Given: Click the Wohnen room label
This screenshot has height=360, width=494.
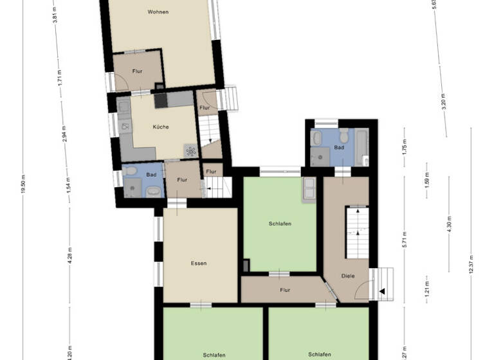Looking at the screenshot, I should point(158,12).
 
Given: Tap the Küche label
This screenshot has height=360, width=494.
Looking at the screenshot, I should point(161,127).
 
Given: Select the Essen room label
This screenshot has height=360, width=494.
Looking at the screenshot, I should point(199,263).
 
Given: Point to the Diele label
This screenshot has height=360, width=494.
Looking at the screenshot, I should point(347,276).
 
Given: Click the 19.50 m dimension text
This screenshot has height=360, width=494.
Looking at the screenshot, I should point(23,184).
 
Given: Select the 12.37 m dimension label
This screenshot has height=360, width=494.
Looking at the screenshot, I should point(471,264).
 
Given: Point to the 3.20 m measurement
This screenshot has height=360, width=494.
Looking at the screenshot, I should point(444,102).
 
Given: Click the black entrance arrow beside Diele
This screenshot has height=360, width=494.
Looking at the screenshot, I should point(381,291).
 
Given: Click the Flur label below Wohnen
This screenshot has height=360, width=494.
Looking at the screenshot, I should point(137,71).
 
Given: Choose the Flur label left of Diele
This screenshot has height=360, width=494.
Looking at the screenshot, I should point(285,290).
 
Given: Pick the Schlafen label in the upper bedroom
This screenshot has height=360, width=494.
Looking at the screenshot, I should point(280,224).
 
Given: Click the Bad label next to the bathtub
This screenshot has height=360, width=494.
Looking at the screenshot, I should point(339,147).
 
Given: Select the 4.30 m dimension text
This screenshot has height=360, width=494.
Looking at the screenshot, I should point(450,225).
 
